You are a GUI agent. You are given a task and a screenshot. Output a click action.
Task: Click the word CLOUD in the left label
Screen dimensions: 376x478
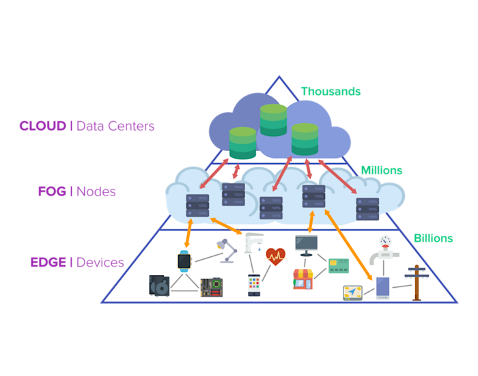point(43,126)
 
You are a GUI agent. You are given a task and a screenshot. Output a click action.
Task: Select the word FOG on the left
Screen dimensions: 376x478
point(52,191)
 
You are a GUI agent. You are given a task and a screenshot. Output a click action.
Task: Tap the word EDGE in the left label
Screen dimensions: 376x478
point(48,263)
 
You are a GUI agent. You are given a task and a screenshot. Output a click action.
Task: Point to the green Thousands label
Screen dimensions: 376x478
point(331,91)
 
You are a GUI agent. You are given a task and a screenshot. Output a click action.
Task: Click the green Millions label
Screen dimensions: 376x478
point(381,170)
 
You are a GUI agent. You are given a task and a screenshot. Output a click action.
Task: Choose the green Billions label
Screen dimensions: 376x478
point(433,239)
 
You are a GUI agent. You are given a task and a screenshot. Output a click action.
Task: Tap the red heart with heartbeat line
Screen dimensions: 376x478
point(275,256)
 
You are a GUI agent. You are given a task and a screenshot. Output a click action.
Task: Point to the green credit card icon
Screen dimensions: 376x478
point(339,265)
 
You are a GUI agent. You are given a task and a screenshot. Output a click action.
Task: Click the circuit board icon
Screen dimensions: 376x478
point(210,286)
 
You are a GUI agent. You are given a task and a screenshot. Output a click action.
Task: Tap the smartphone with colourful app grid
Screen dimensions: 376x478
point(254,285)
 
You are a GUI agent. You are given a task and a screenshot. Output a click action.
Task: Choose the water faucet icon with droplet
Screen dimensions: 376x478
point(254,242)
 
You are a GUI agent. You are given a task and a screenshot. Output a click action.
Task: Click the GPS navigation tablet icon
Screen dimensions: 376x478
point(352,293)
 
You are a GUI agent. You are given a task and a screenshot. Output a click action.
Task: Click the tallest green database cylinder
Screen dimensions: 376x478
point(273,120)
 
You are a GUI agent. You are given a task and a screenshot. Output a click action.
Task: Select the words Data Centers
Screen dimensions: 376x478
point(115,126)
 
